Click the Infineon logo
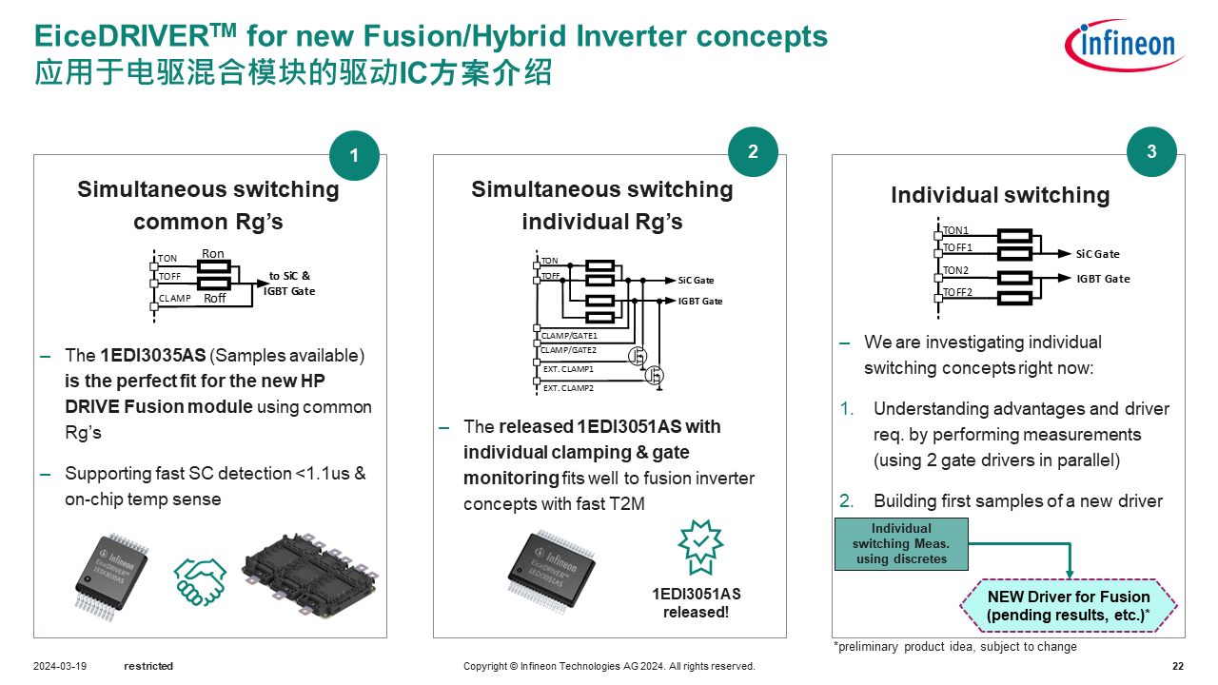[1124, 45]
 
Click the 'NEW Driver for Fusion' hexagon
[1068, 606]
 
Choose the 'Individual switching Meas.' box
[901, 543]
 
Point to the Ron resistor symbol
[213, 266]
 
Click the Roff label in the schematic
[215, 298]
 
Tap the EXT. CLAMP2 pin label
[568, 388]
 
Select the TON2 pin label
[955, 271]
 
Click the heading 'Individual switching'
[1000, 195]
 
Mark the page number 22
[1178, 666]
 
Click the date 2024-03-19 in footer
[59, 666]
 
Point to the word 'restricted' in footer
[148, 666]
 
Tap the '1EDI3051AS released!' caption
[696, 603]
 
